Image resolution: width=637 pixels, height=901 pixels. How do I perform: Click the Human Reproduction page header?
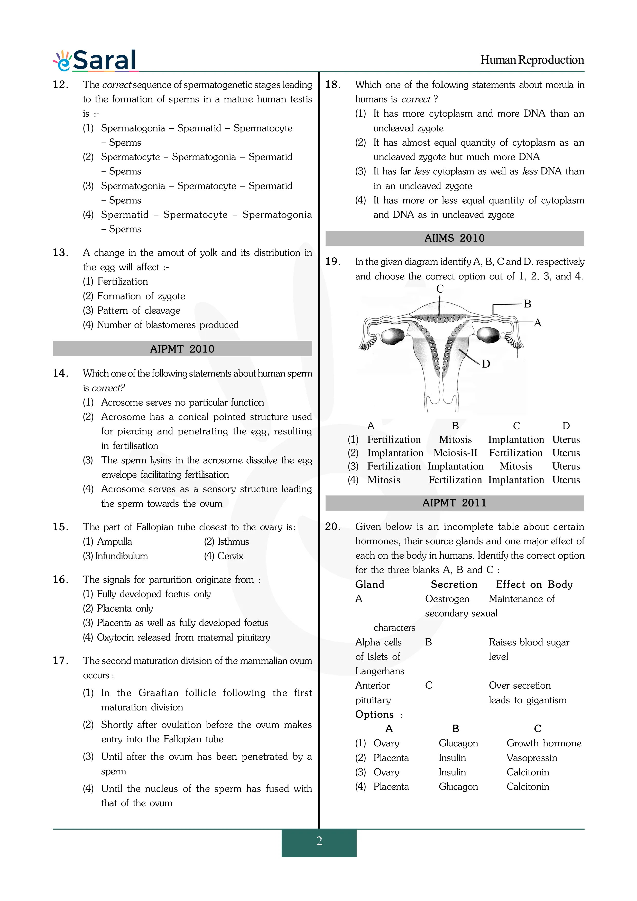[532, 60]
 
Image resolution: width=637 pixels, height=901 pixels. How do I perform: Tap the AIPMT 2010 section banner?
[182, 349]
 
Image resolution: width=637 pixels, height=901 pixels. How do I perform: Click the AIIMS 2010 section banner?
[455, 238]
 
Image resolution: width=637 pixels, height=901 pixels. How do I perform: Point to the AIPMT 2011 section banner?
[455, 503]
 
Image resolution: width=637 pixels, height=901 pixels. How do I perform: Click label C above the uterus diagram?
[440, 289]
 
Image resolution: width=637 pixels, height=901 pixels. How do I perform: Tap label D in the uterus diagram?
[486, 364]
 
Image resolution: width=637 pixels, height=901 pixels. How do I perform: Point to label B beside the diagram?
[528, 304]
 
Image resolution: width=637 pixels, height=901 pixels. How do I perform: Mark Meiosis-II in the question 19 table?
[455, 453]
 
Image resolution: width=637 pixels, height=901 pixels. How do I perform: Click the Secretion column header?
[454, 585]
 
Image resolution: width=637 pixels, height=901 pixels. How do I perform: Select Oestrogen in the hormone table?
[447, 599]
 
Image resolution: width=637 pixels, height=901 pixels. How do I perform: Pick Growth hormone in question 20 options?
[543, 743]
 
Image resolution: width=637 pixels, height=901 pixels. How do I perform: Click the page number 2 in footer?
[319, 841]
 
